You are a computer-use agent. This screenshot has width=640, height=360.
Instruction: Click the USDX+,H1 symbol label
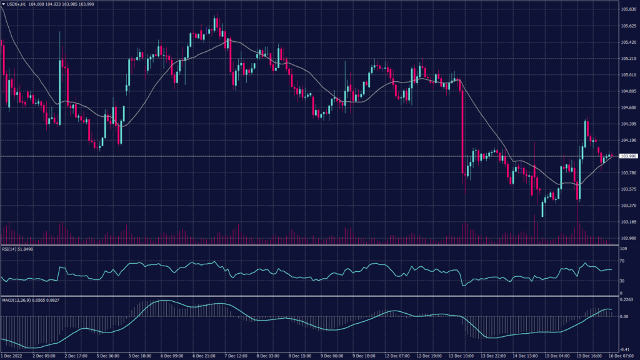click(x=19, y=4)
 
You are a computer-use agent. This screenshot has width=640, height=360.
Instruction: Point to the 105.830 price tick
click(x=628, y=10)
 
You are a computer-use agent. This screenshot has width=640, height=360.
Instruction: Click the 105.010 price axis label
click(x=628, y=75)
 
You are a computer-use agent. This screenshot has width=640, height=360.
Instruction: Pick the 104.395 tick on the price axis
click(x=628, y=124)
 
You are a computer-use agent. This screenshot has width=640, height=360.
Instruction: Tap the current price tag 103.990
click(x=628, y=156)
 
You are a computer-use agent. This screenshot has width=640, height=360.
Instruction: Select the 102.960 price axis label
click(x=628, y=238)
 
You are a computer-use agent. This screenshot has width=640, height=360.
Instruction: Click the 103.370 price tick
click(x=628, y=206)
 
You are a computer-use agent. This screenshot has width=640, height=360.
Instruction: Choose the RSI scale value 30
click(x=622, y=281)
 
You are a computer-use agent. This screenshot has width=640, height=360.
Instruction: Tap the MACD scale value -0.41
click(x=624, y=349)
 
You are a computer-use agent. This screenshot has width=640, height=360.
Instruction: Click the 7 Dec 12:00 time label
click(x=237, y=356)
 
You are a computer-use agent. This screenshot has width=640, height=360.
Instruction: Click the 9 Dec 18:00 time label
click(x=365, y=356)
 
